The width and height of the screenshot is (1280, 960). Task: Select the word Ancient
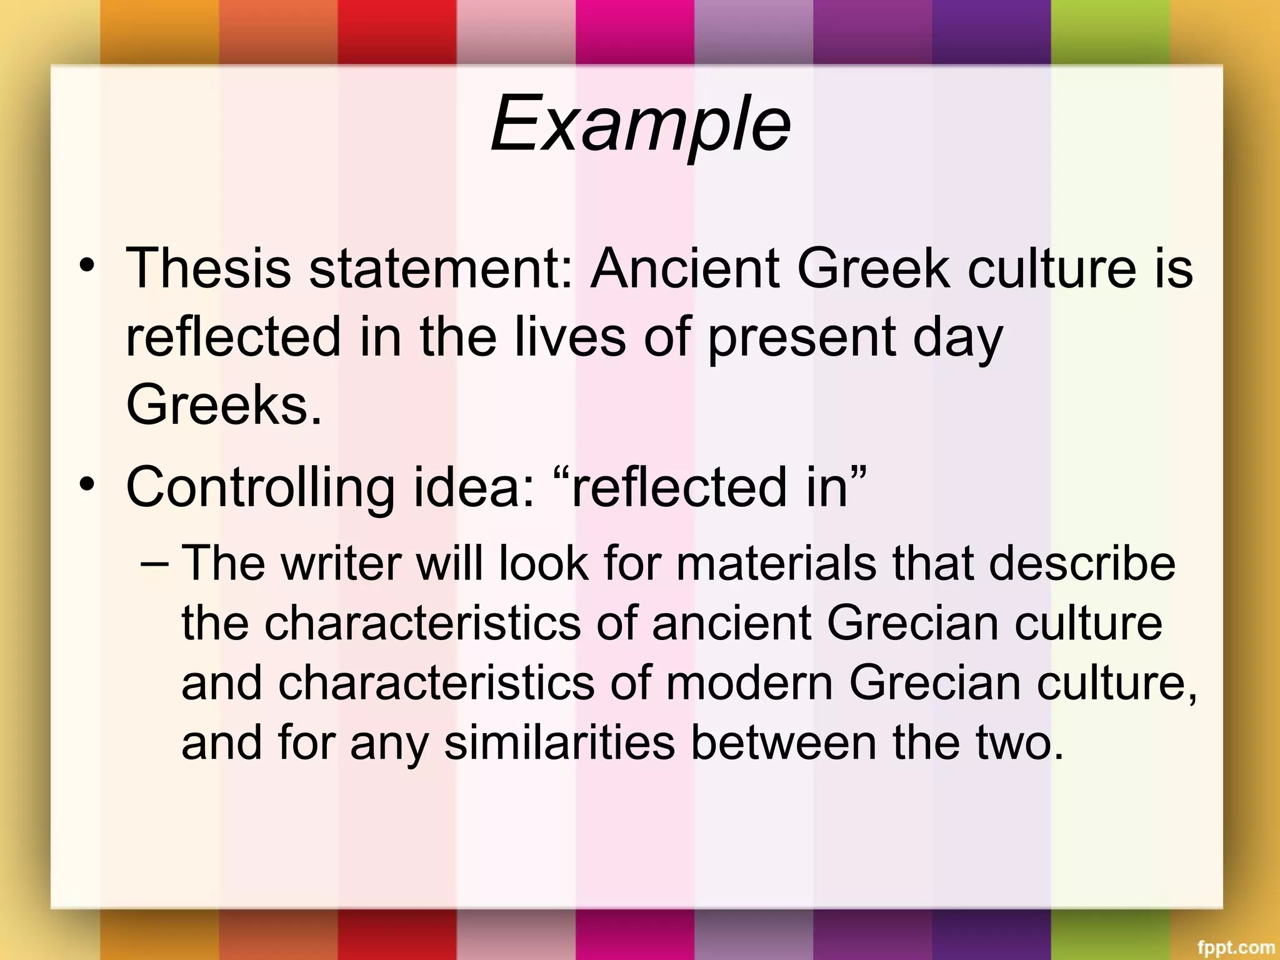click(686, 269)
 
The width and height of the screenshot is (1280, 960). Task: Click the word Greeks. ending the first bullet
click(224, 405)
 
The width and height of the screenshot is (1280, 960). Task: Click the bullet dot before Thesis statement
click(87, 266)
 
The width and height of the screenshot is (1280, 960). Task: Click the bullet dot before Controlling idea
click(87, 484)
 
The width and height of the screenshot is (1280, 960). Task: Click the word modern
click(749, 683)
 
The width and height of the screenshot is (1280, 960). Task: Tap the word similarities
click(559, 743)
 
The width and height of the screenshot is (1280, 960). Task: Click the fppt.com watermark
click(1235, 947)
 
